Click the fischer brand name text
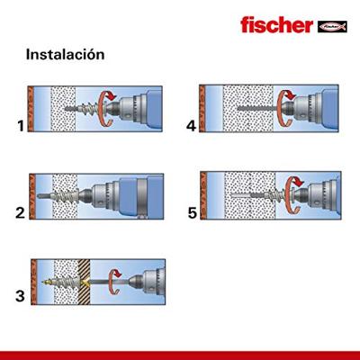click(x=280, y=23)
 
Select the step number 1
click(x=18, y=126)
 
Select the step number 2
click(x=18, y=214)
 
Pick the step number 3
click(x=18, y=294)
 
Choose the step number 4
click(x=189, y=126)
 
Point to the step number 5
click(x=189, y=214)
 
